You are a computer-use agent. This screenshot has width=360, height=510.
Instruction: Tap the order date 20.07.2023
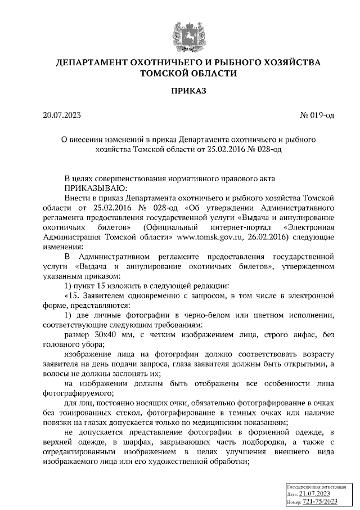[62, 116]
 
